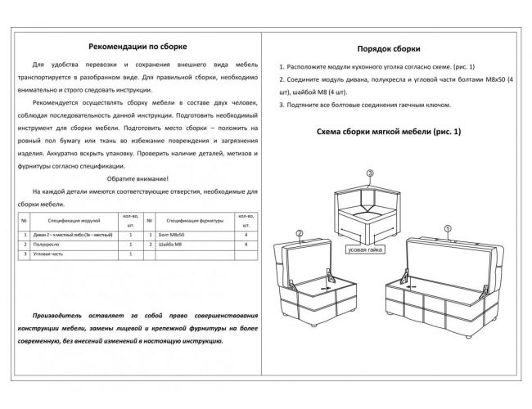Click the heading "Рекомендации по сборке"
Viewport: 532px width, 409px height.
click(137, 47)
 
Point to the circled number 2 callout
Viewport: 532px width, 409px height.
click(300, 233)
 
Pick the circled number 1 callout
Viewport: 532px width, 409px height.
click(447, 229)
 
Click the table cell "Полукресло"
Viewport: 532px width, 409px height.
click(49, 245)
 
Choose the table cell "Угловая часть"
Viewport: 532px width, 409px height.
click(52, 254)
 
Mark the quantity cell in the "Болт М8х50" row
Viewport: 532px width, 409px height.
click(246, 235)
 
